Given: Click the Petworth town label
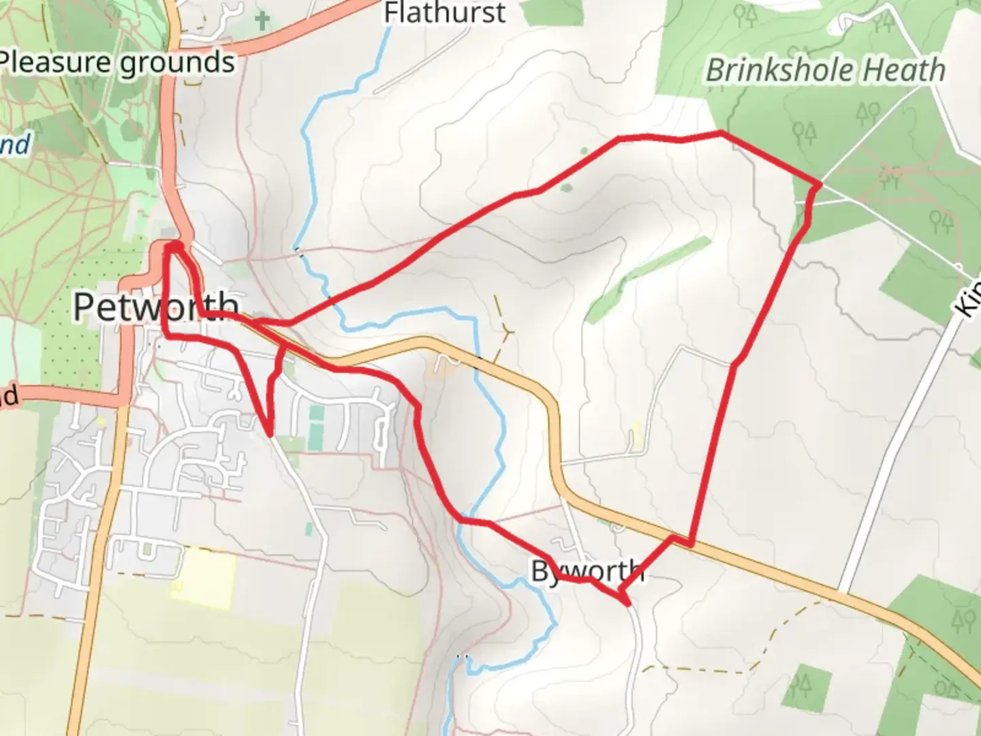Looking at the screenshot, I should click(x=156, y=307).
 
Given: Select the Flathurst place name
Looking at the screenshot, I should click(x=445, y=13).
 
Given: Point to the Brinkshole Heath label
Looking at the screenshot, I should click(x=825, y=70).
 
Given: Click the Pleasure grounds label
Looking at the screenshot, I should click(x=117, y=63).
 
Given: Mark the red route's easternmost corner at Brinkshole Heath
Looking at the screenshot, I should click(x=820, y=183).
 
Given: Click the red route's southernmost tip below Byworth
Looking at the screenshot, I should click(x=625, y=602).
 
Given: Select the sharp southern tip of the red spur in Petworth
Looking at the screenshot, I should click(x=270, y=433).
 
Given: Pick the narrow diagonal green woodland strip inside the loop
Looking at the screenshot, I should click(x=647, y=279).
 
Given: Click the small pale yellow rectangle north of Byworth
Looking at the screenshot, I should click(x=636, y=435).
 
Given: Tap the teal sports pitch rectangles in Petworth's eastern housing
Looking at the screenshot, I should click(x=315, y=427).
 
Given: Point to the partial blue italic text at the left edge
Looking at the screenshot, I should click(x=15, y=145).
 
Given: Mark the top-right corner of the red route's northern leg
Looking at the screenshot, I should click(x=720, y=132).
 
